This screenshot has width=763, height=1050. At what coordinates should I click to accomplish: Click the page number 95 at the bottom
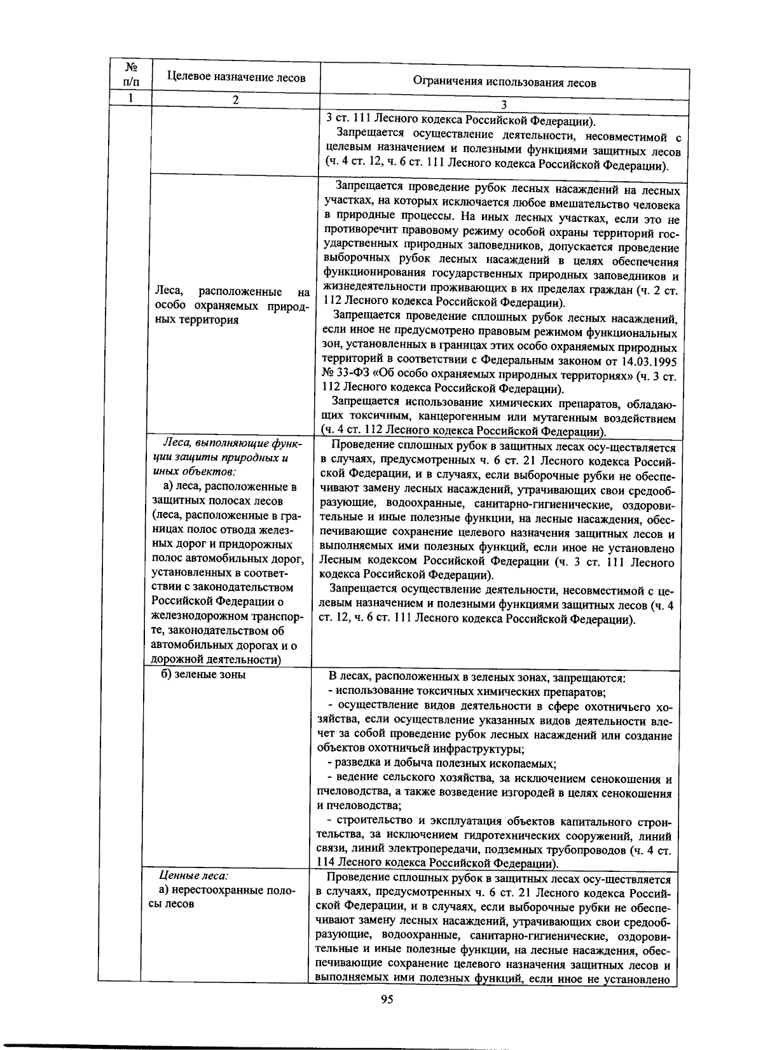(387, 1000)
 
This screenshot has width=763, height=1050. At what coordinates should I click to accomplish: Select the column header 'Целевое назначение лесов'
(236, 78)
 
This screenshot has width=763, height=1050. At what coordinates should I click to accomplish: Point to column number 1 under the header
(131, 98)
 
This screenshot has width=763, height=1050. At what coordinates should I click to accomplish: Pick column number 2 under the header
(235, 100)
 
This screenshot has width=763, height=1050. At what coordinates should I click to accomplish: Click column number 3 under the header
(504, 106)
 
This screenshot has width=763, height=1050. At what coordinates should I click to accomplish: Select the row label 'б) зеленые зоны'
(203, 675)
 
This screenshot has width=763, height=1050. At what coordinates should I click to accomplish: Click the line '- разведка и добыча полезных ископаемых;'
(442, 763)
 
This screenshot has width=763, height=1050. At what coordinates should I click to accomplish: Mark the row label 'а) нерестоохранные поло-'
(227, 890)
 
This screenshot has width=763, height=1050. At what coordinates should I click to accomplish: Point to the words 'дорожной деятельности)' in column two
(216, 660)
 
